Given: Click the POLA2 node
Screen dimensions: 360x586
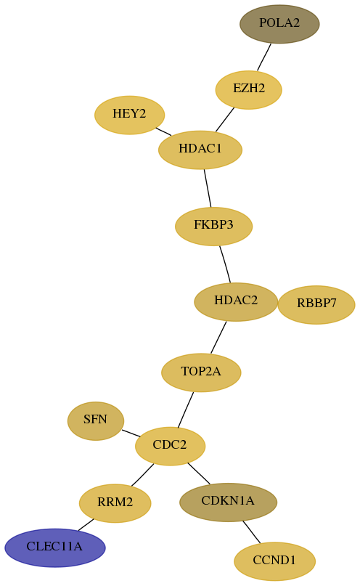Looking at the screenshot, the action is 279,24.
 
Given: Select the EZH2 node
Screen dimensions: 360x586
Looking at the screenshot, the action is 248,90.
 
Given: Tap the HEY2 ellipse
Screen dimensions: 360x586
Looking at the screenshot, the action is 130,115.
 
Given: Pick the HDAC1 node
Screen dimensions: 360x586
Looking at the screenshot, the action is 200,150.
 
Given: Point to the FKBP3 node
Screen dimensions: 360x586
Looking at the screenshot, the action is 213,226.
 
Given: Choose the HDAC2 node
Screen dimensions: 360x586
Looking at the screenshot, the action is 236,301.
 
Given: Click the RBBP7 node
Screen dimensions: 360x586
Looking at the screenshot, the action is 316,304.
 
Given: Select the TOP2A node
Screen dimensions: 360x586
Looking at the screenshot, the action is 201,373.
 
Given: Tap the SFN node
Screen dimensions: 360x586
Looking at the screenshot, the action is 96,421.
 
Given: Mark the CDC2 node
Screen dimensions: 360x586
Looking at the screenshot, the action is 170,446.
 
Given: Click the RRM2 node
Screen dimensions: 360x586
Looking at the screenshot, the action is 115,503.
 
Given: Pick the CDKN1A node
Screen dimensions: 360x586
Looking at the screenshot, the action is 228,502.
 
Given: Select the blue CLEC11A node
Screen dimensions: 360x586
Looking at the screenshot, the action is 55,548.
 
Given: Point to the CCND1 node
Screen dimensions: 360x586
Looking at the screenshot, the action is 274,561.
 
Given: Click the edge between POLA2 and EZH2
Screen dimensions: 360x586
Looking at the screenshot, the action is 264,57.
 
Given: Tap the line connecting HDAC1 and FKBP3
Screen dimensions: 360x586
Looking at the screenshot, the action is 208,188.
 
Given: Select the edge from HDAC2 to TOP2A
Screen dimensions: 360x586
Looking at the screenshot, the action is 218,337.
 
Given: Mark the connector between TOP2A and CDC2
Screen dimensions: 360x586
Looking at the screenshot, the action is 186,410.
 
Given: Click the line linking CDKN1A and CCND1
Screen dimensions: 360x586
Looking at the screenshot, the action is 251,532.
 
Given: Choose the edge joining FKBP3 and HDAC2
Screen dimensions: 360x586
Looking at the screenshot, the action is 225,264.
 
